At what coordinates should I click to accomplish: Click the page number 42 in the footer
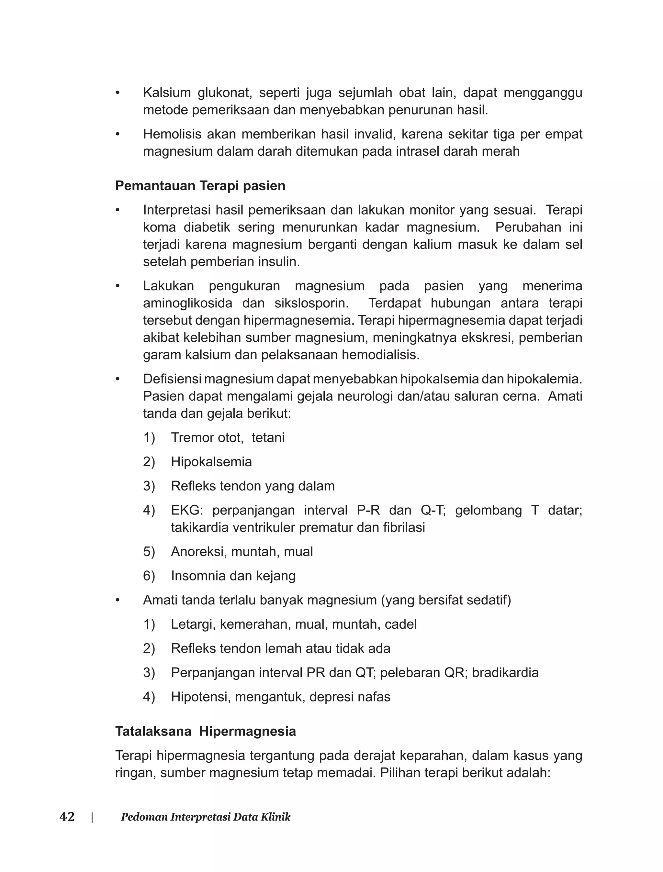tap(67, 817)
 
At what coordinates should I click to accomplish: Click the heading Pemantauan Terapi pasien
tap(200, 186)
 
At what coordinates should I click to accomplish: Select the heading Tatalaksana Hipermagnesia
tap(205, 731)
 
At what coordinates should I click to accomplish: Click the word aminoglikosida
tap(187, 303)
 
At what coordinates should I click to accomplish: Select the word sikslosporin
tap(311, 303)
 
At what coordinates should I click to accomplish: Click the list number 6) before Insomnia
tap(149, 576)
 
